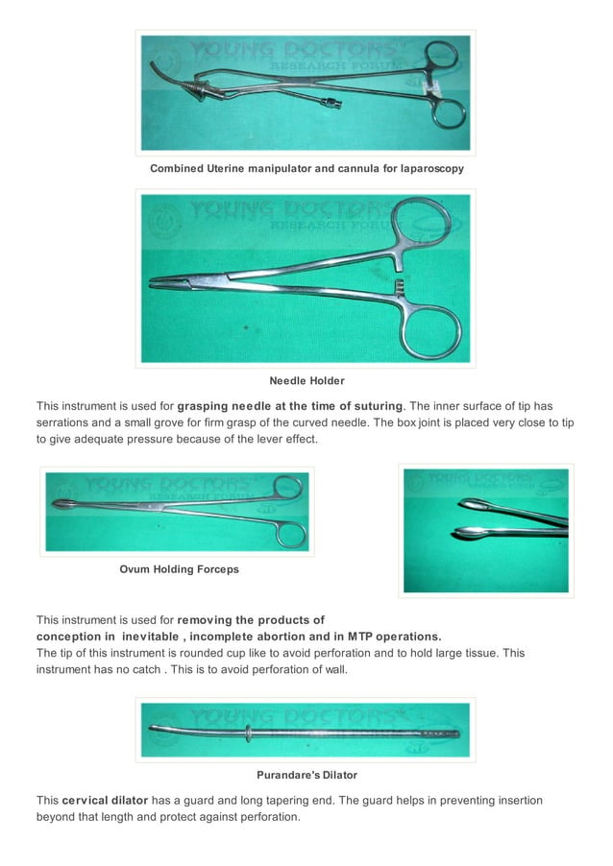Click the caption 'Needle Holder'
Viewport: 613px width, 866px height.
(306, 381)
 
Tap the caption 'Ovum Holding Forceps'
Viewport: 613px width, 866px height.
(179, 569)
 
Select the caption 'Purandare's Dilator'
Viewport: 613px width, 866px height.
(306, 775)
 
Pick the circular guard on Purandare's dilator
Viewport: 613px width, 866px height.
(248, 734)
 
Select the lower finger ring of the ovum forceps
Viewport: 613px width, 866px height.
(287, 531)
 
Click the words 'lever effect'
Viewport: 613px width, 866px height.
(282, 439)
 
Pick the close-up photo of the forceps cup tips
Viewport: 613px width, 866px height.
(486, 531)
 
